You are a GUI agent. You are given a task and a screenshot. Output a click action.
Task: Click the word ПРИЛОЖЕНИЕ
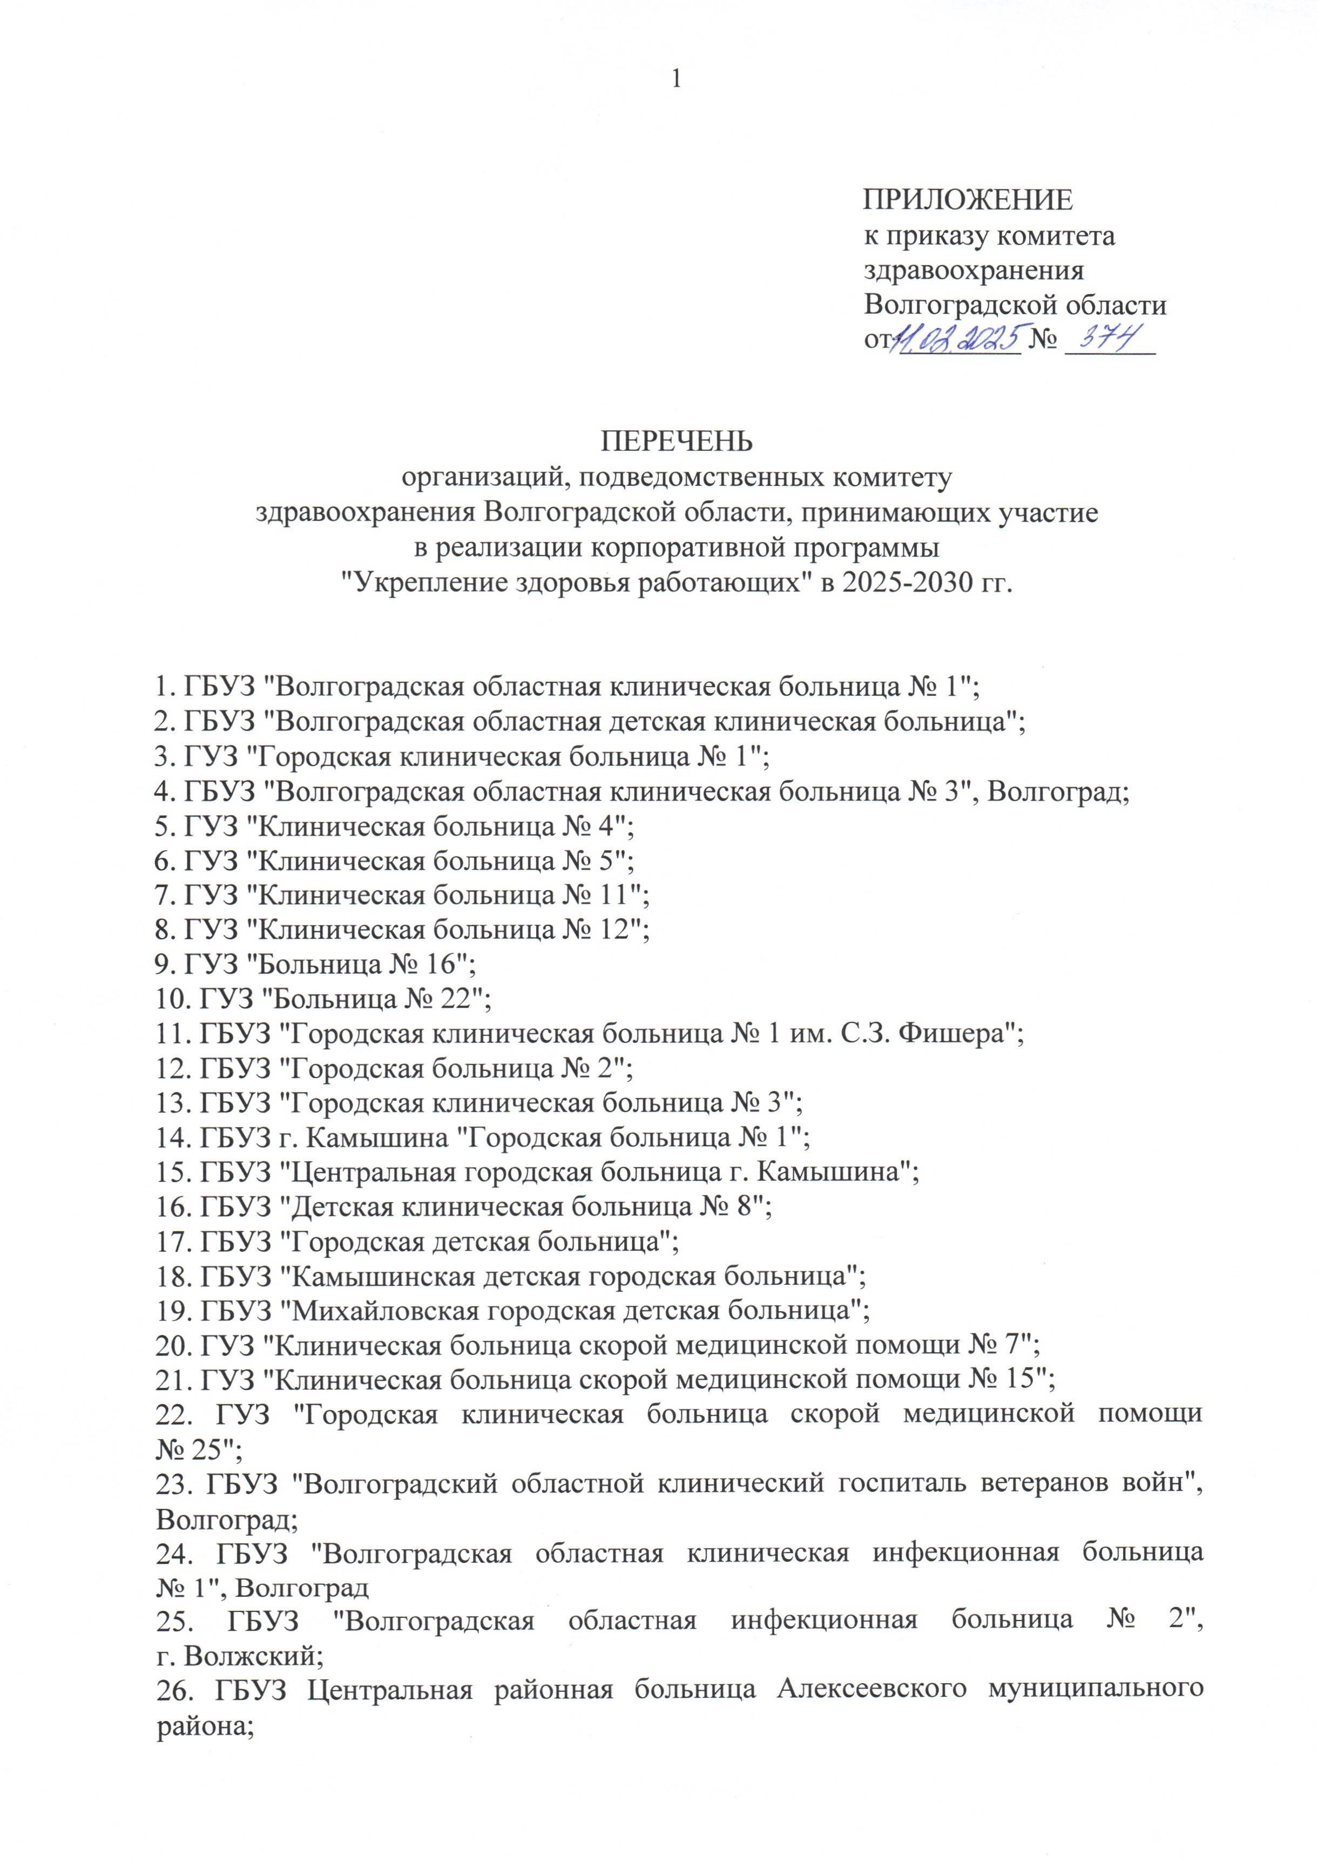tap(967, 200)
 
